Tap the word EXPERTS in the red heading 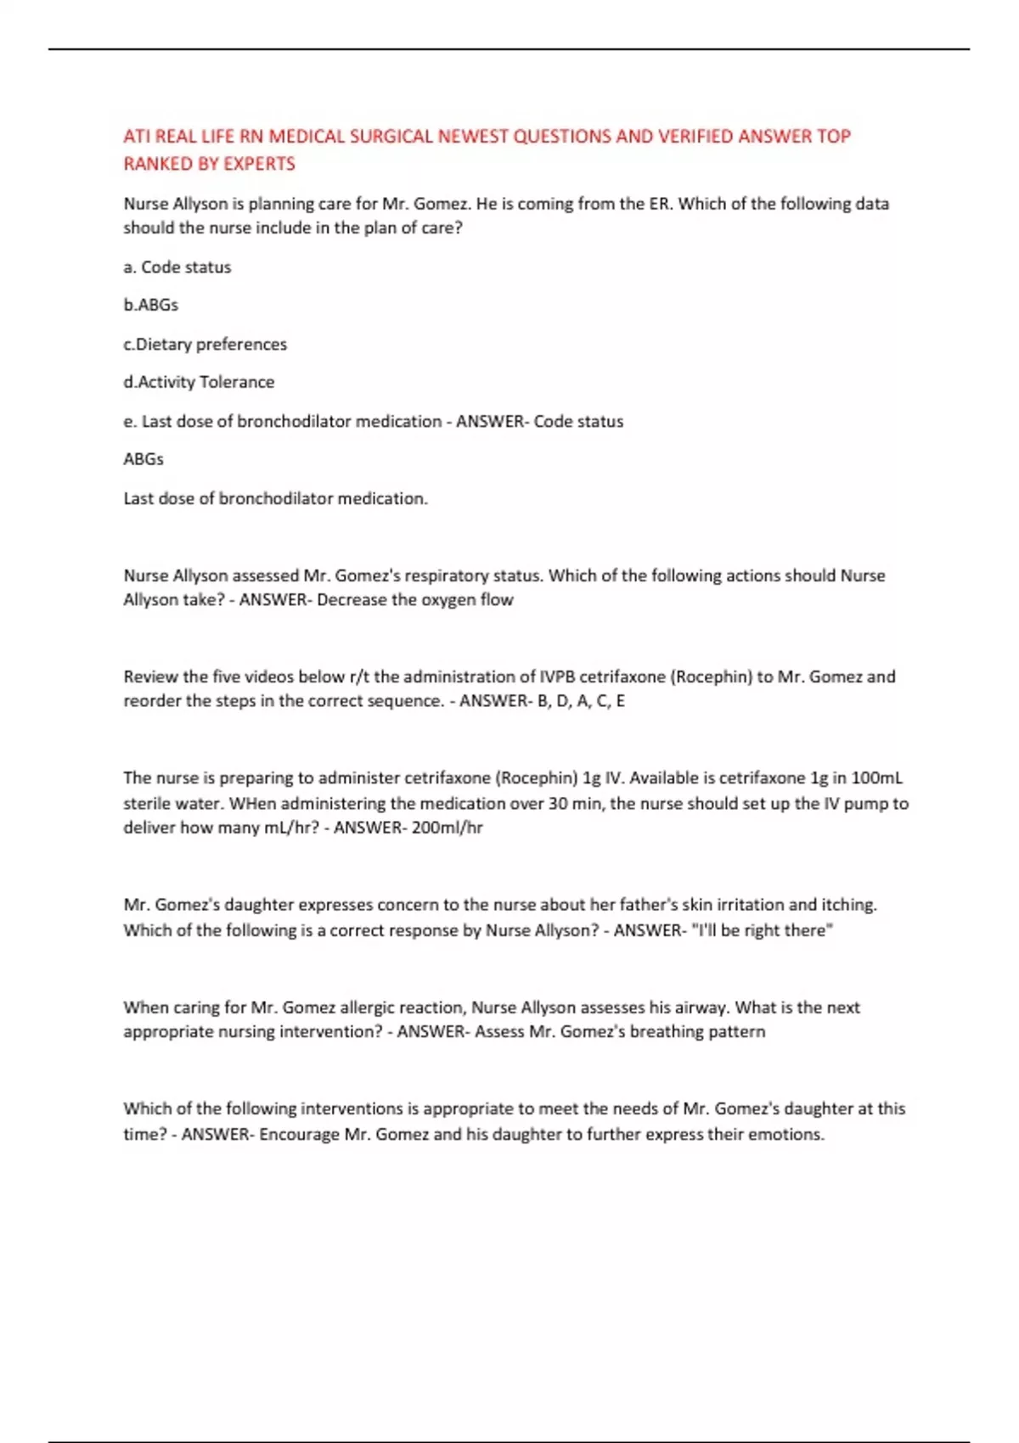259,164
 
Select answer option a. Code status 177,267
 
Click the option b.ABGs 151,305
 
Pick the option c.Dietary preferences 205,345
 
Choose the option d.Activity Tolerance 199,382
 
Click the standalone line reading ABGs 144,459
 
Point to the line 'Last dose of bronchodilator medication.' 275,499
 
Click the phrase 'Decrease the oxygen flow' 415,600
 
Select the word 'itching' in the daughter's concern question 849,905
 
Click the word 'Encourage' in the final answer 299,1135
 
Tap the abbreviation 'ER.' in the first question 660,205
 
